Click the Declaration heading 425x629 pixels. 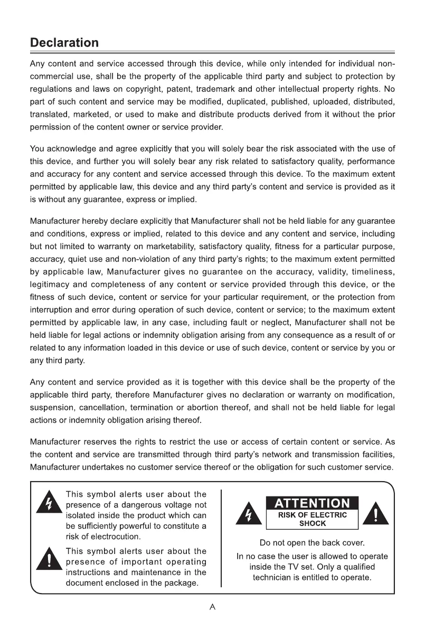(64, 42)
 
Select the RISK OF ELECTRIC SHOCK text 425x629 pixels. (312, 520)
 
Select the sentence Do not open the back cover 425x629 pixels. (312, 542)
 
